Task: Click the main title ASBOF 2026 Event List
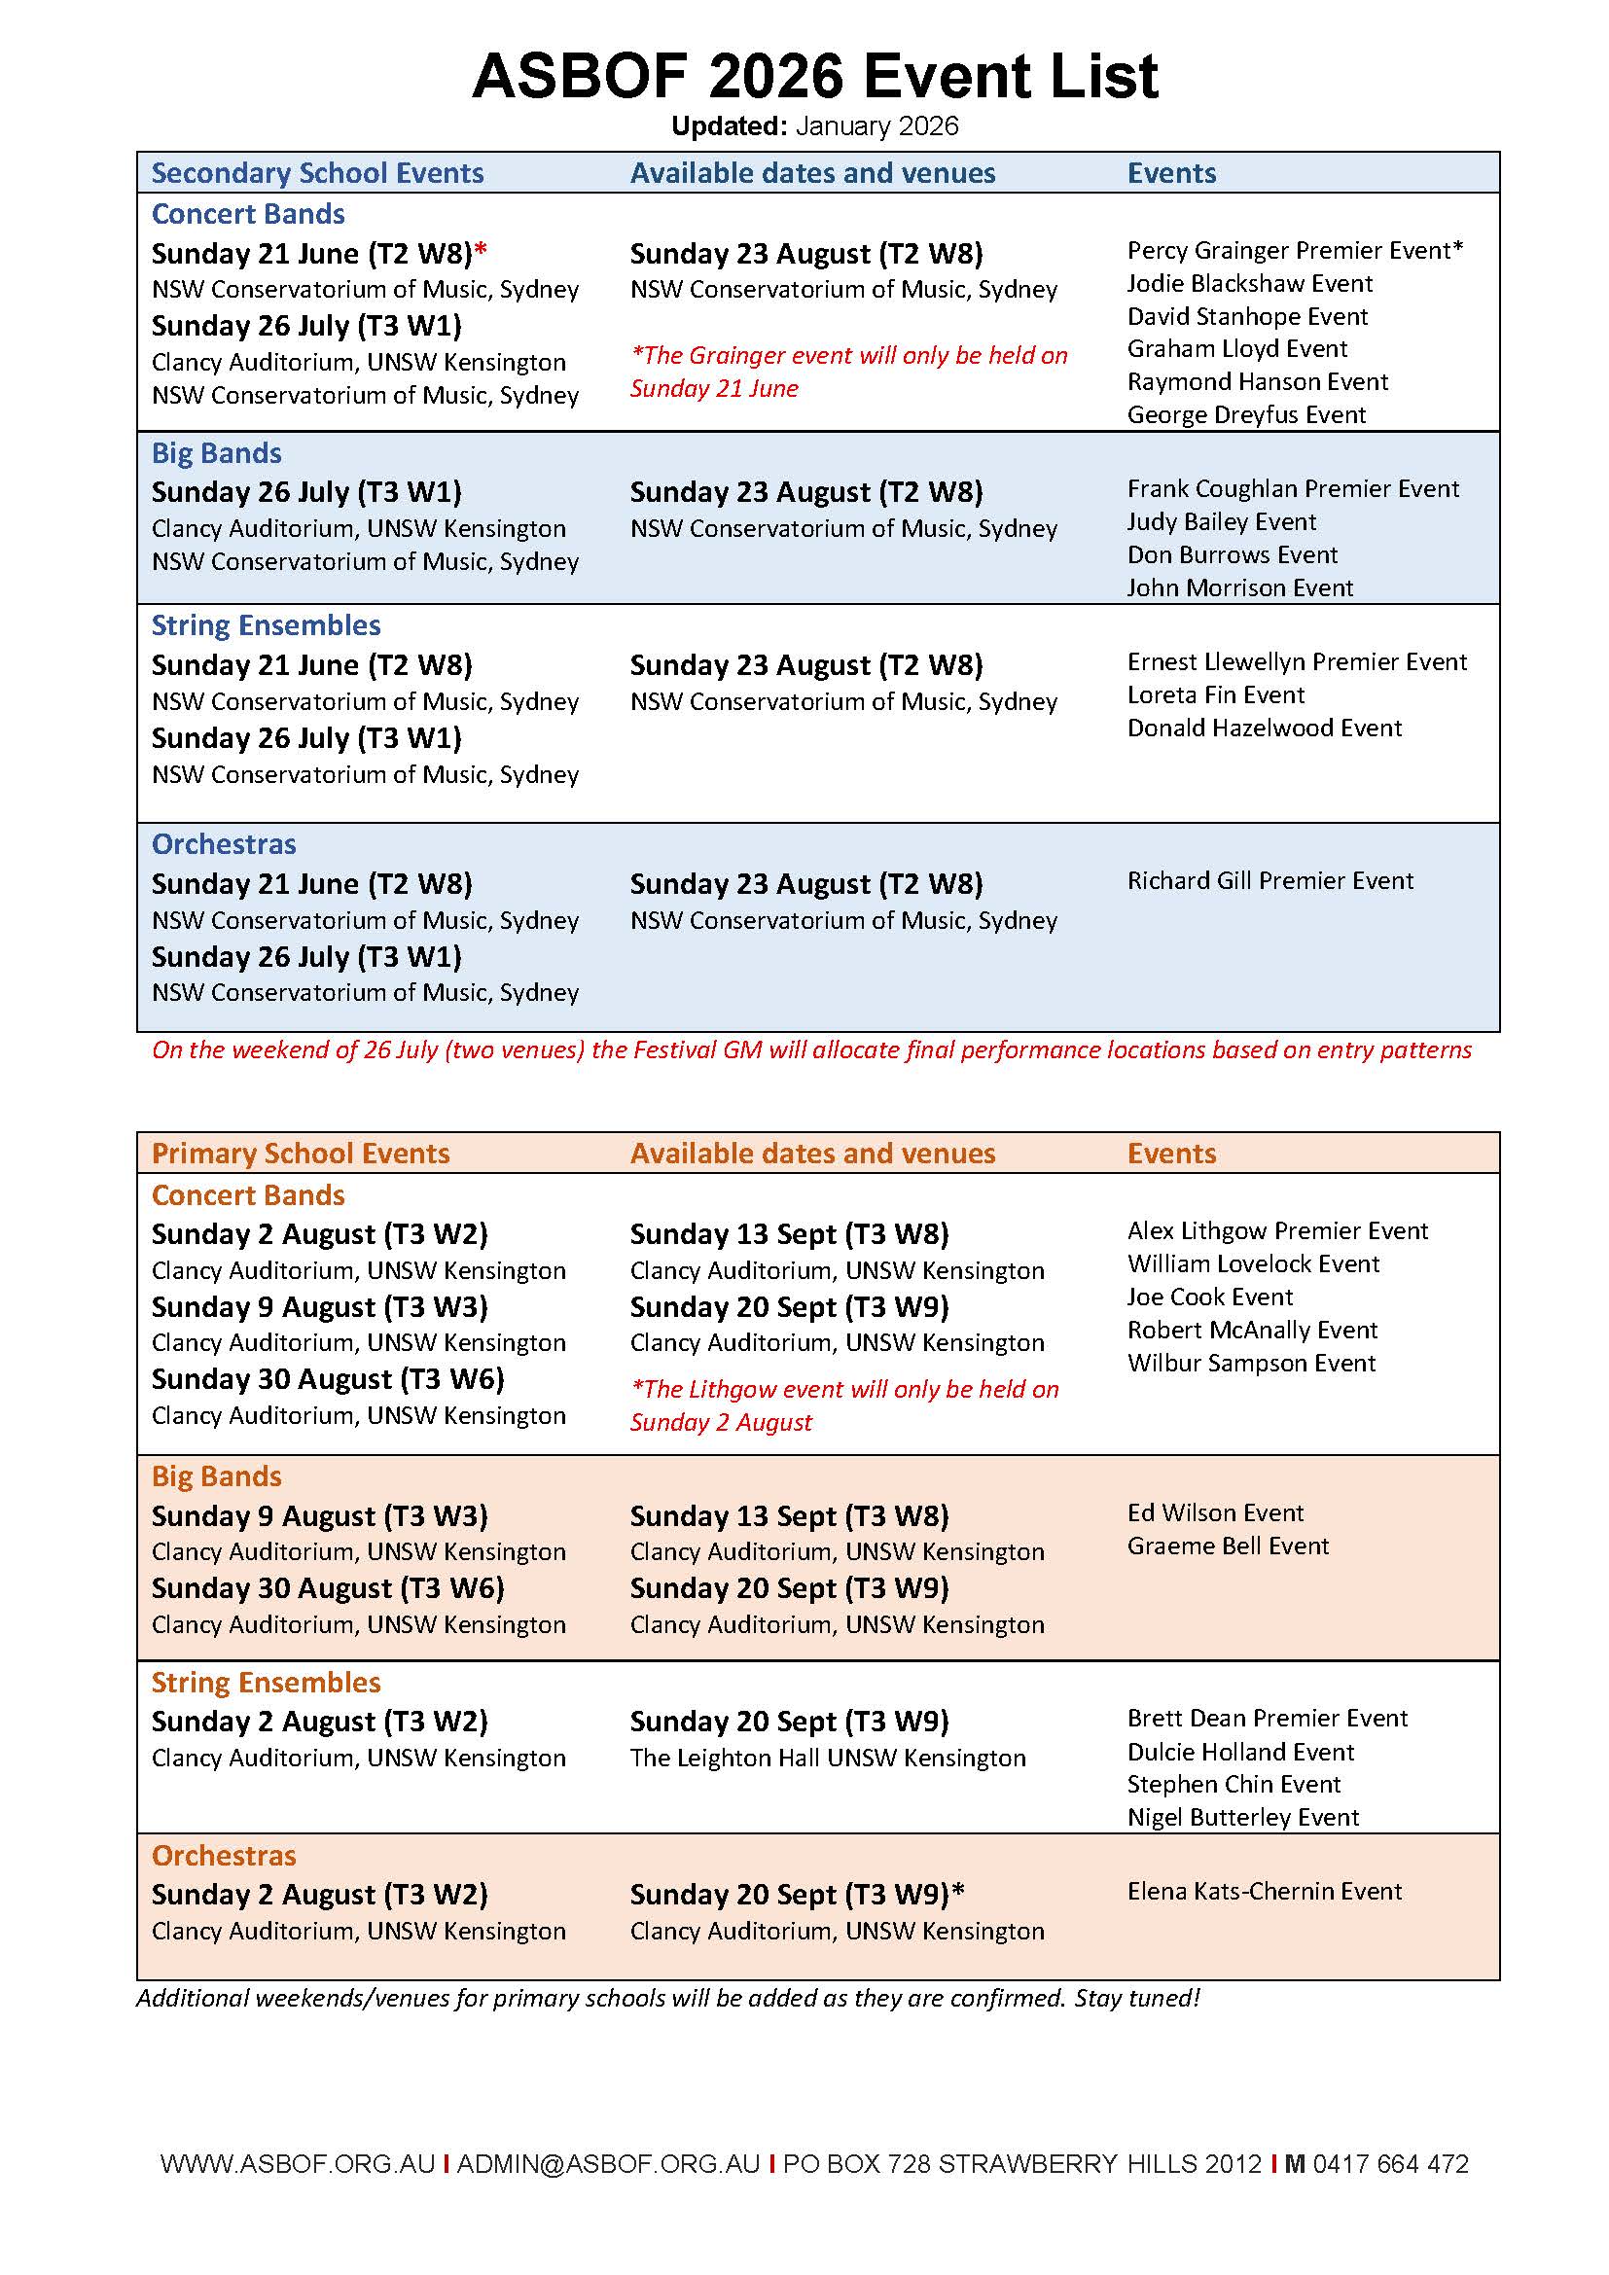click(x=814, y=76)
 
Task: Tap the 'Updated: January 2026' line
click(x=814, y=126)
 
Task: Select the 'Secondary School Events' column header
click(x=317, y=173)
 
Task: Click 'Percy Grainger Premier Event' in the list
click(x=1294, y=251)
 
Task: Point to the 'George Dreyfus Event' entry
click(x=1246, y=415)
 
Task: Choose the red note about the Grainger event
click(x=848, y=372)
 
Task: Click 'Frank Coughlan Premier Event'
click(x=1293, y=489)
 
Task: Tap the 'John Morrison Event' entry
click(x=1239, y=588)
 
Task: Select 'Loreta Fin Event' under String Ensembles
click(x=1216, y=695)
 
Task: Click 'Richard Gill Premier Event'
click(x=1270, y=882)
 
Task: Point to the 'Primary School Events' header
click(x=301, y=1155)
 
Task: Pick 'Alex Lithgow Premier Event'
click(x=1277, y=1231)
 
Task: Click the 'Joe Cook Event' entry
click(x=1210, y=1298)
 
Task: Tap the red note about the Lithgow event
click(x=844, y=1406)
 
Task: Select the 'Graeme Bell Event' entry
click(x=1228, y=1546)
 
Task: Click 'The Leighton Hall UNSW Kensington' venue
click(x=827, y=1759)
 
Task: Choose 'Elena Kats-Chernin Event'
click(x=1265, y=1892)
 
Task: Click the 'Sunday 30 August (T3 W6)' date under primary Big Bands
click(x=328, y=1589)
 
